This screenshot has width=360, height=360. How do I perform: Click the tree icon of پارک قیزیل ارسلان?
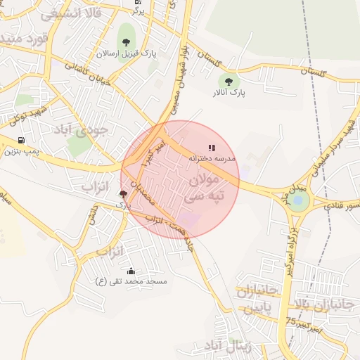coord(126,42)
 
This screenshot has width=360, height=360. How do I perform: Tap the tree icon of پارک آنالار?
coord(227,81)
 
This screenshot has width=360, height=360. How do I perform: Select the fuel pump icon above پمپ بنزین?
coord(21,140)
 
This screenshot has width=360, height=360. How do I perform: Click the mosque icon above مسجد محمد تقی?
coord(131,271)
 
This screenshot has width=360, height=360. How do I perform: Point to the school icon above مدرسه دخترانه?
coord(212,148)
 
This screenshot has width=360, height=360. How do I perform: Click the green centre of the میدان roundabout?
coord(299,202)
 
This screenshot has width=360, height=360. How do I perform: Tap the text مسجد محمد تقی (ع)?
coord(131,281)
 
